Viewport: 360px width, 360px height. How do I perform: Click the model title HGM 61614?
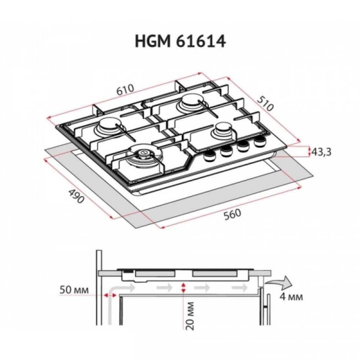pyautogui.click(x=180, y=41)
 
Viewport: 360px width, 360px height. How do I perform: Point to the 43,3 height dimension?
pyautogui.click(x=321, y=152)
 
